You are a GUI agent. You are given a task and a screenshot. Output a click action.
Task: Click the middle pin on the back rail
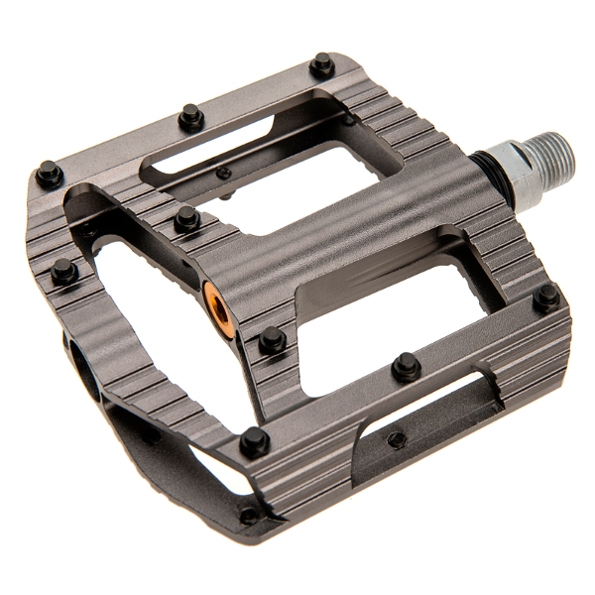pyautogui.click(x=191, y=118)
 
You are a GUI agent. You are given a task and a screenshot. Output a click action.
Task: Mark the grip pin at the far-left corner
pyautogui.click(x=49, y=176)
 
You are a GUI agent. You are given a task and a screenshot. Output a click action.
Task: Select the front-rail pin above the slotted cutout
pyautogui.click(x=406, y=366)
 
